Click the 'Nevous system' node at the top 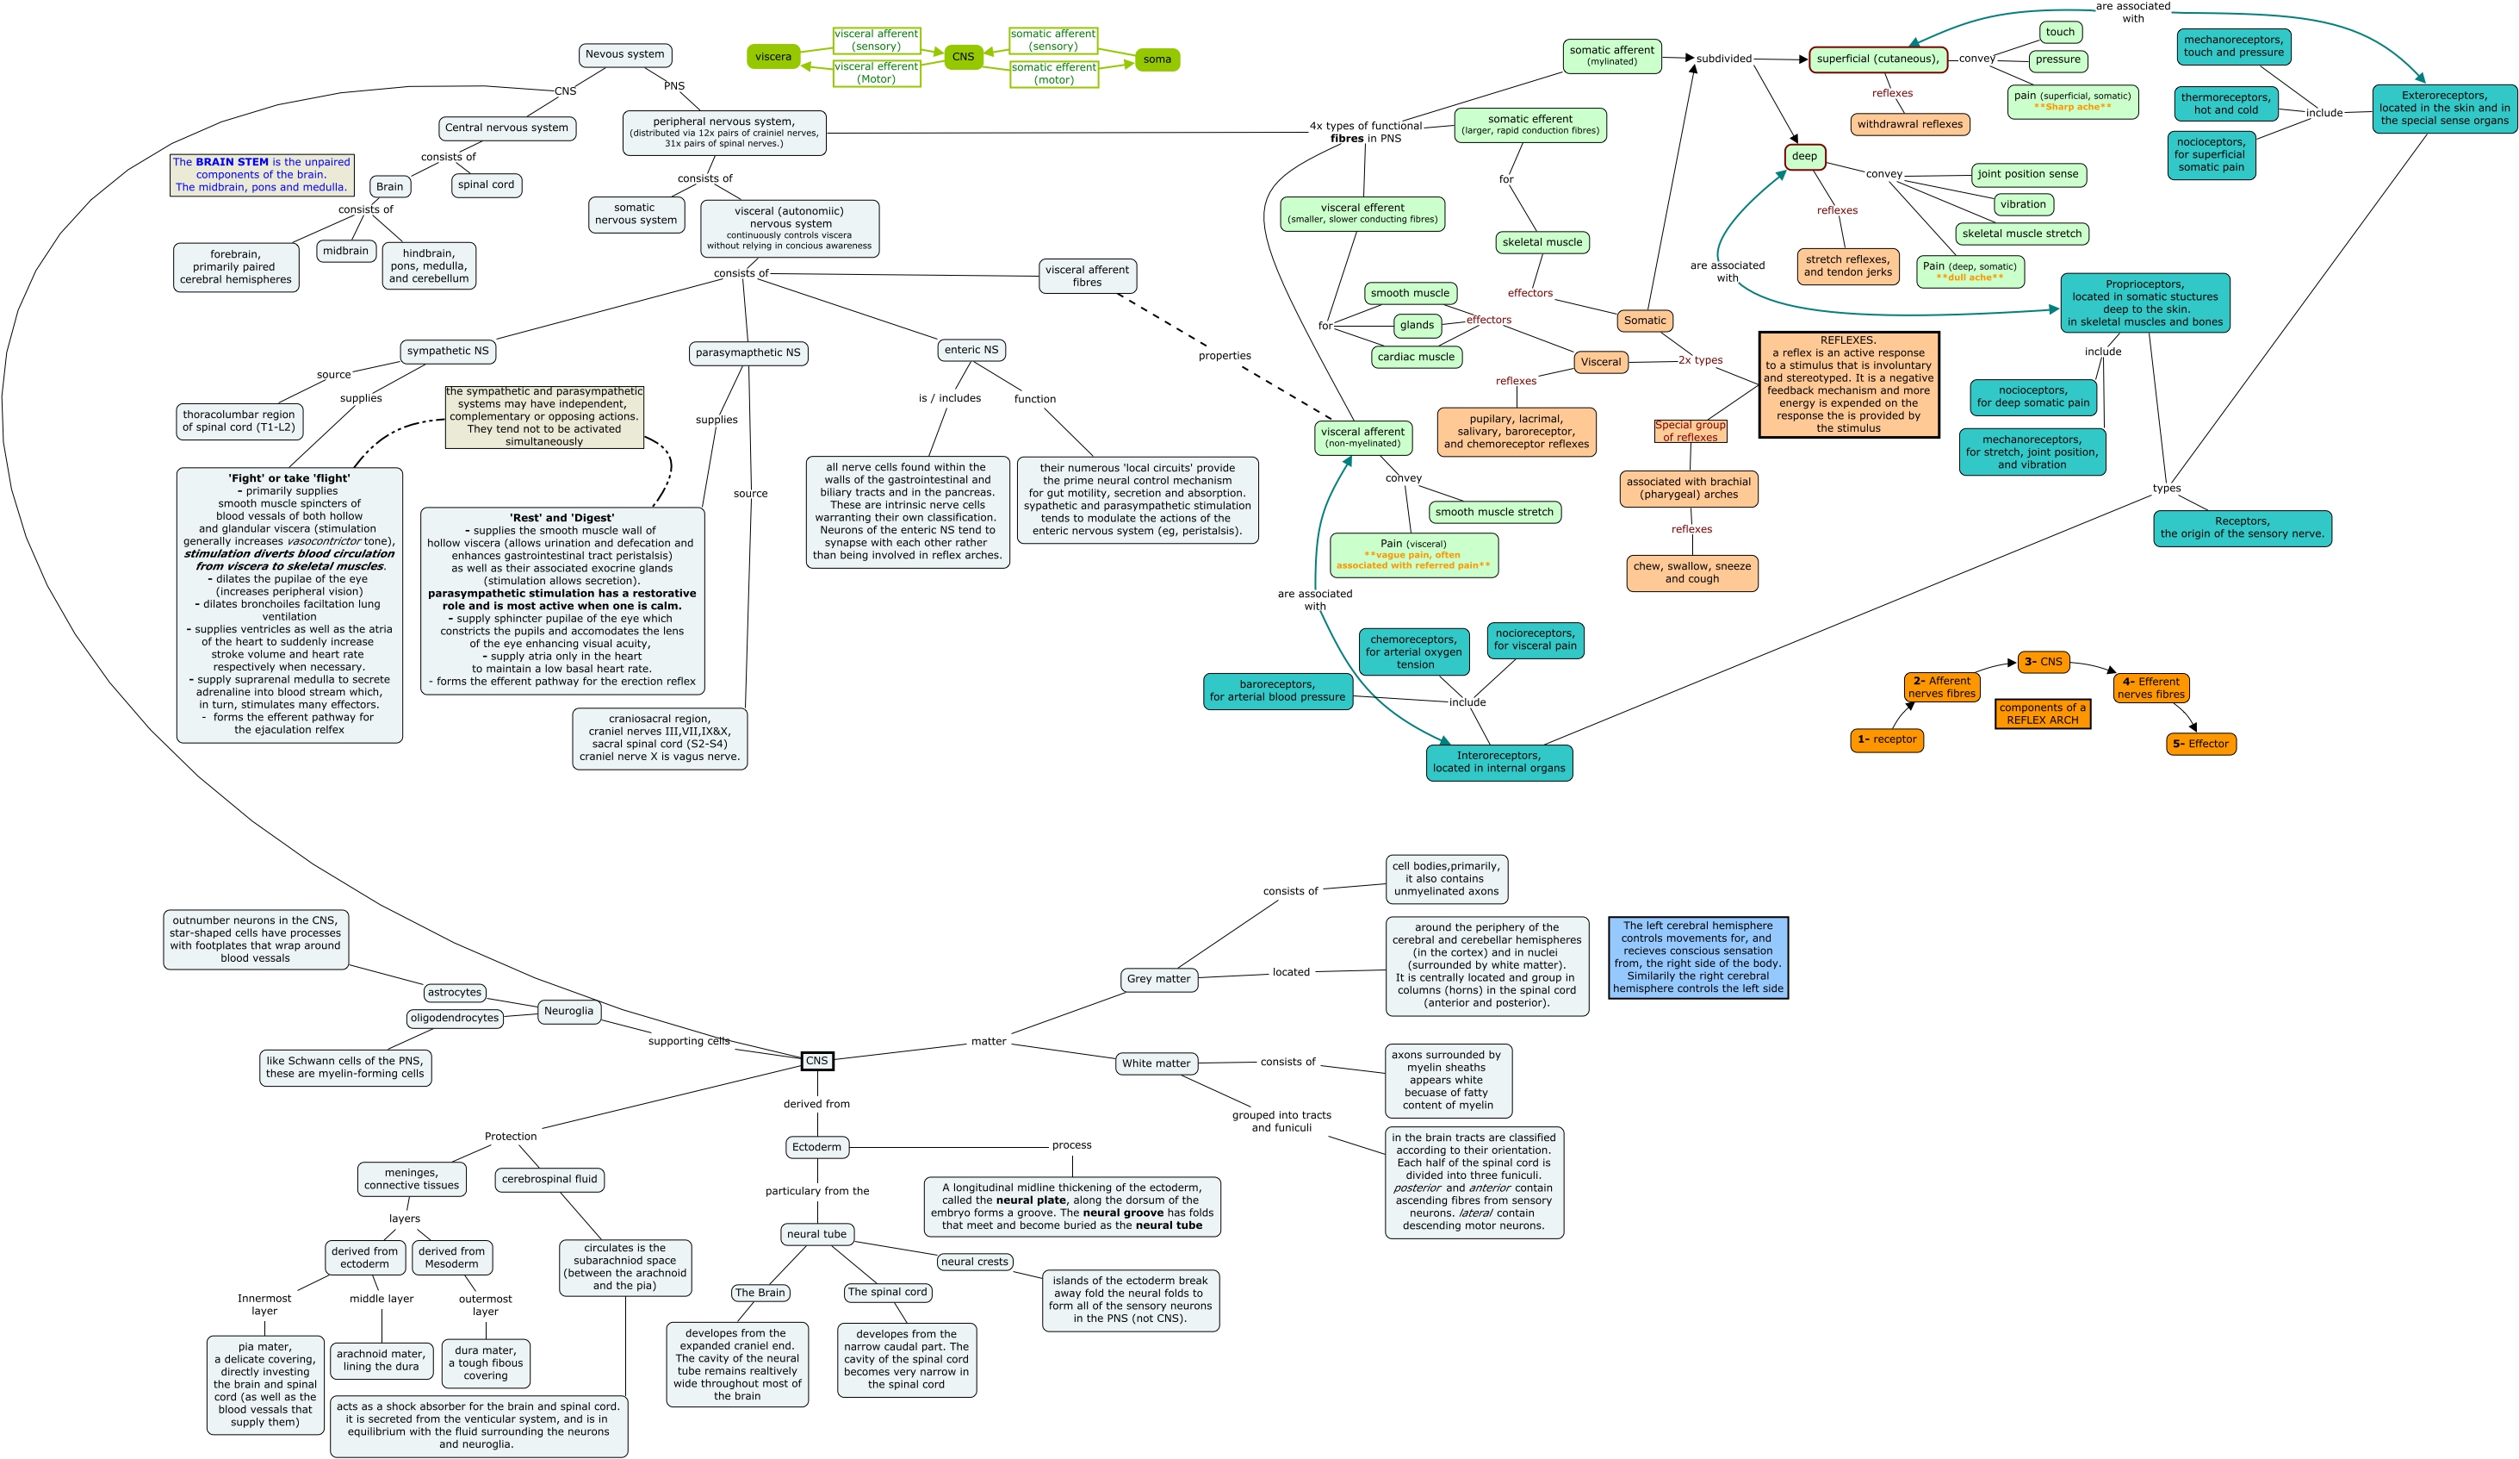624,55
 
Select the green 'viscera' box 772,57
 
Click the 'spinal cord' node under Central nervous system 486,185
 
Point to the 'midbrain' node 346,251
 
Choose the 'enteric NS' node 971,350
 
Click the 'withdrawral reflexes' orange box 1909,125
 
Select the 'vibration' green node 2022,205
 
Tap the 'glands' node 1417,325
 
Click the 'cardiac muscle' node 1416,357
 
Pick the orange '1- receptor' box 1886,740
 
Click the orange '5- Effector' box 2200,744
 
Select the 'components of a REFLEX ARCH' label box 2042,714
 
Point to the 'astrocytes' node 455,993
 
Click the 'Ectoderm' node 816,1147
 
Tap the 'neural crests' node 975,1262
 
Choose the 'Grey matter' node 1158,979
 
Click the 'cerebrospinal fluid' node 549,1180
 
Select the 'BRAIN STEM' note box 262,175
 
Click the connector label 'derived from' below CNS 816,1104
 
